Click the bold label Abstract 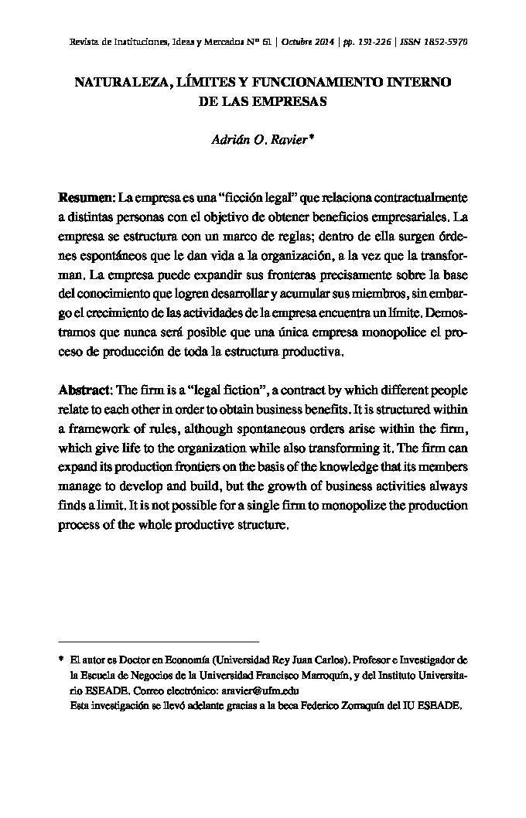click(85, 390)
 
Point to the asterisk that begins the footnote click(60, 662)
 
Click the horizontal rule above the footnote click(159, 642)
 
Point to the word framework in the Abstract click(100, 429)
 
